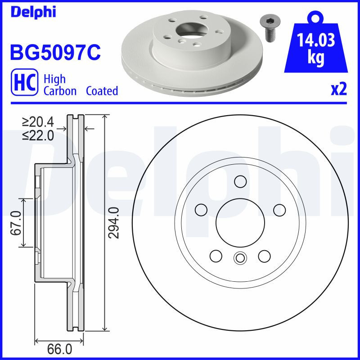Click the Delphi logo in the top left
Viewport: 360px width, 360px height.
click(32, 12)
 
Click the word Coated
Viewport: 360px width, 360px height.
click(102, 91)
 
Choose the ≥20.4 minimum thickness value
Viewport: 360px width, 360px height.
click(38, 121)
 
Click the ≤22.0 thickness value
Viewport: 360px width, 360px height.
click(38, 135)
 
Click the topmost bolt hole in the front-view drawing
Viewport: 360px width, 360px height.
click(239, 181)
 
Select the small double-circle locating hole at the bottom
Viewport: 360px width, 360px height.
click(239, 258)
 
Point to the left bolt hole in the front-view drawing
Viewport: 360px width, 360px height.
click(200, 210)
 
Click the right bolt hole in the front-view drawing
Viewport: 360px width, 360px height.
click(279, 210)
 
